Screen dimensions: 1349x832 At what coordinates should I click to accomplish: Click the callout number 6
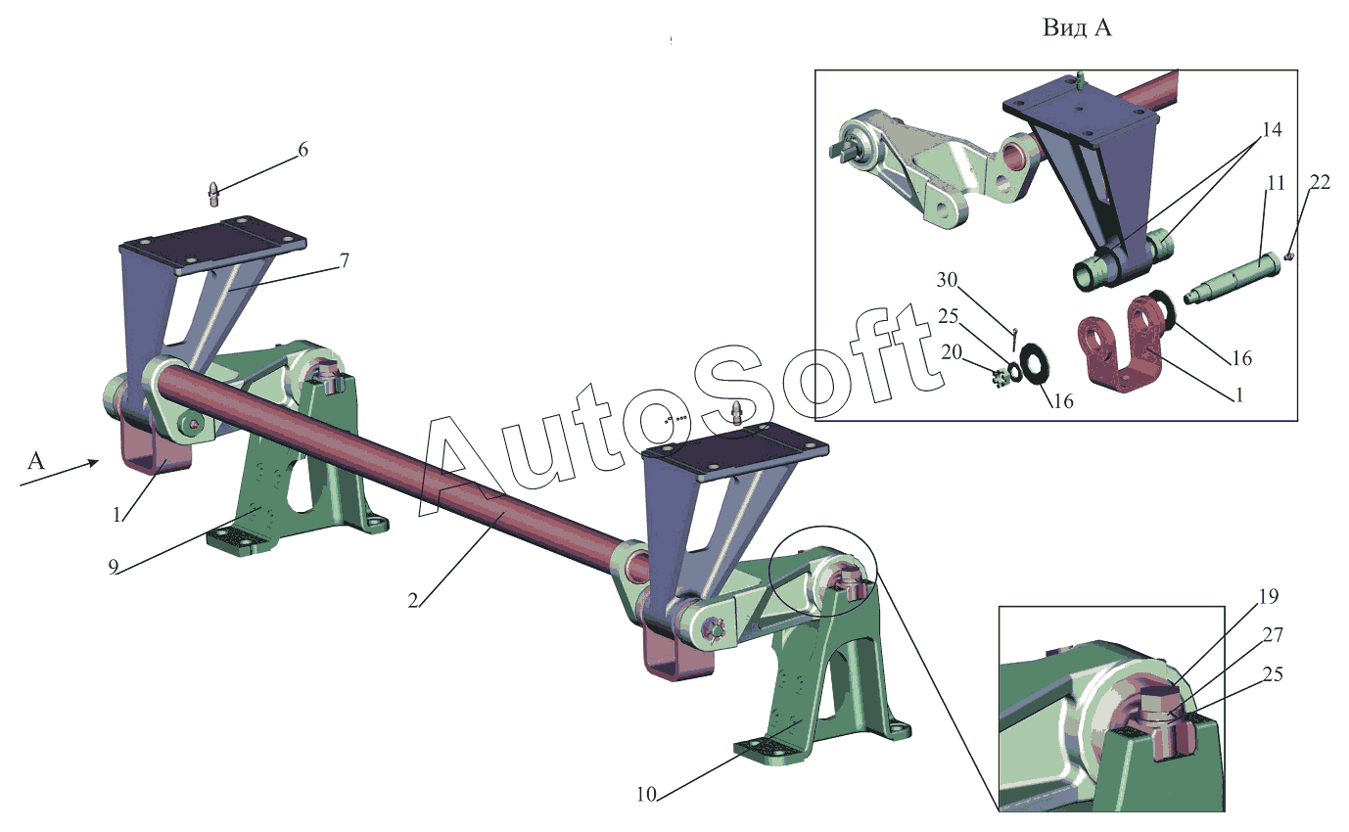[x=302, y=150]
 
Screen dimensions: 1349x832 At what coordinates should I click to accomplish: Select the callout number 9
[x=115, y=567]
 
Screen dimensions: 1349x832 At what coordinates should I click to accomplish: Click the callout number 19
[x=1268, y=596]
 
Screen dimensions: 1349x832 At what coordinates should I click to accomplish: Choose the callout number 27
[x=1299, y=635]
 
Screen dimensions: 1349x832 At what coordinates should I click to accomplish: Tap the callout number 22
[x=1320, y=182]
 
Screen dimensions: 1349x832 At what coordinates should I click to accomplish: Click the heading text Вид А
[x=1077, y=28]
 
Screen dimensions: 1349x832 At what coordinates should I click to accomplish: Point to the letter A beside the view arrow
[x=35, y=460]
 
